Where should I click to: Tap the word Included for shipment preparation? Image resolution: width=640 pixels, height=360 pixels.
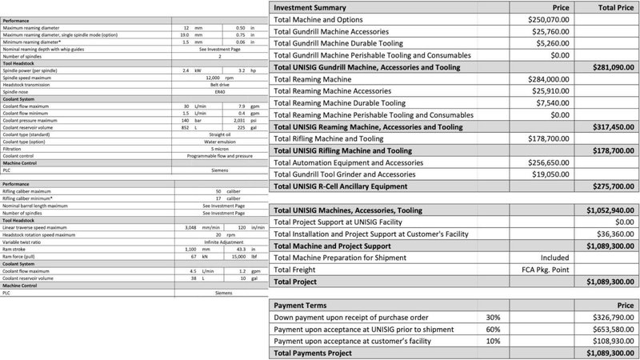point(554,258)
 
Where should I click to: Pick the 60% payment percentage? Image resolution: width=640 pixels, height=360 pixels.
point(494,329)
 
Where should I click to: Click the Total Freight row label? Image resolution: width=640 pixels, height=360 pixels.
point(299,270)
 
